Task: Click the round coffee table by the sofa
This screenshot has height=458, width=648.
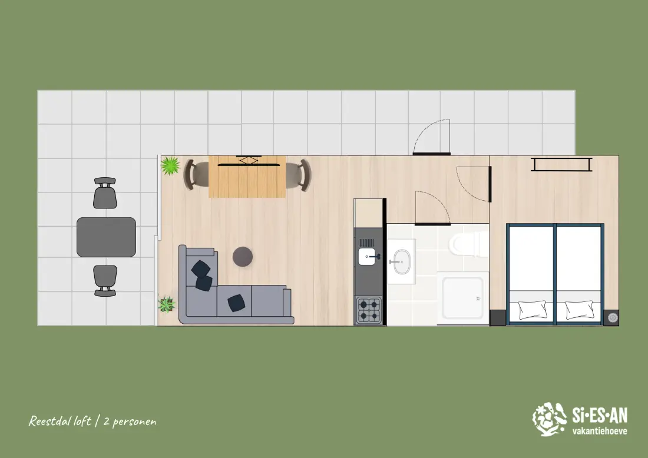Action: click(x=243, y=257)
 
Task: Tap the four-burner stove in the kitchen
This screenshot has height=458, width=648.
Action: click(x=369, y=310)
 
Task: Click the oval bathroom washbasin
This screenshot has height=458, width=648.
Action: click(x=402, y=262)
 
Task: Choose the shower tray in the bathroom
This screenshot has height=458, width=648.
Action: click(x=463, y=298)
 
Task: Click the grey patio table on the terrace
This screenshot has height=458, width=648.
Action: click(x=106, y=237)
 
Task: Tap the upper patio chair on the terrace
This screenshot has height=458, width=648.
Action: click(x=105, y=193)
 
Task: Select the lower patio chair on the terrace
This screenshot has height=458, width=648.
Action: click(x=105, y=281)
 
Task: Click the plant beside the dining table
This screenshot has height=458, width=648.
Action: click(x=170, y=165)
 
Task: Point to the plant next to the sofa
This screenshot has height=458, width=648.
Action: click(x=167, y=305)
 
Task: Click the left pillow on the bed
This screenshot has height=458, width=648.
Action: click(x=533, y=310)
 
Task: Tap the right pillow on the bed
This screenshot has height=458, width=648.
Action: click(x=580, y=310)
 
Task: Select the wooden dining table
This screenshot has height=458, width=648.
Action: click(x=247, y=177)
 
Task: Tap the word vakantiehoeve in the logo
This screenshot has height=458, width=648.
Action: click(x=600, y=431)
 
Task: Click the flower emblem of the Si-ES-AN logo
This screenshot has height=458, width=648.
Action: click(x=549, y=419)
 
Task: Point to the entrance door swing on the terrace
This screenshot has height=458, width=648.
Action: click(x=431, y=137)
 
